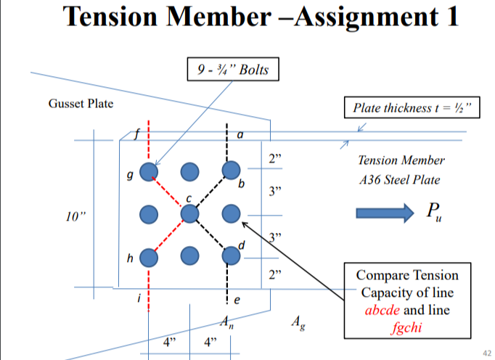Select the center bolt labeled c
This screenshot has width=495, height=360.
[x=189, y=213]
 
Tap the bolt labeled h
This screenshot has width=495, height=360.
[x=149, y=256]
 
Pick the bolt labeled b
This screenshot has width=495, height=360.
[x=231, y=171]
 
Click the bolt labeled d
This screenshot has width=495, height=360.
[x=231, y=255]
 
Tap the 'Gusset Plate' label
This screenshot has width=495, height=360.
[x=81, y=104]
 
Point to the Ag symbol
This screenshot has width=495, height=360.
[x=297, y=322]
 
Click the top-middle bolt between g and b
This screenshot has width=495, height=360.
[x=189, y=171]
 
